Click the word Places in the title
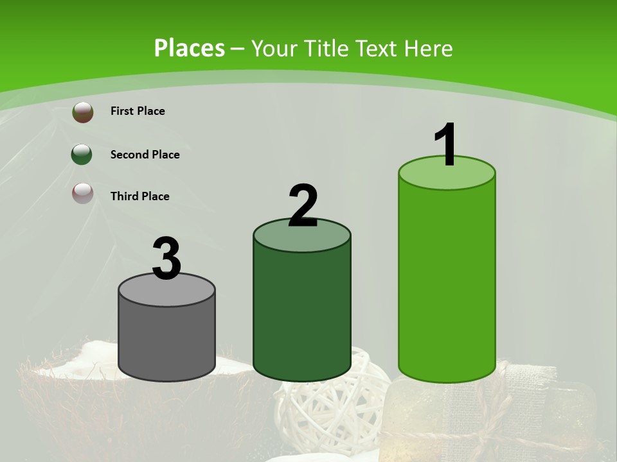click(190, 48)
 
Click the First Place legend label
click(138, 111)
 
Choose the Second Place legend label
click(145, 155)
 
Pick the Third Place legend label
click(139, 196)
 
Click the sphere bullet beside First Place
click(83, 112)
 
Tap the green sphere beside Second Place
click(82, 154)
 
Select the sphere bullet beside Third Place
click(83, 193)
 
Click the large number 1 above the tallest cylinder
click(446, 144)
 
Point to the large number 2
click(303, 205)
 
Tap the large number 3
click(166, 259)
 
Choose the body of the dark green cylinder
click(302, 308)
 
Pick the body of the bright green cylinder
click(447, 276)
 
